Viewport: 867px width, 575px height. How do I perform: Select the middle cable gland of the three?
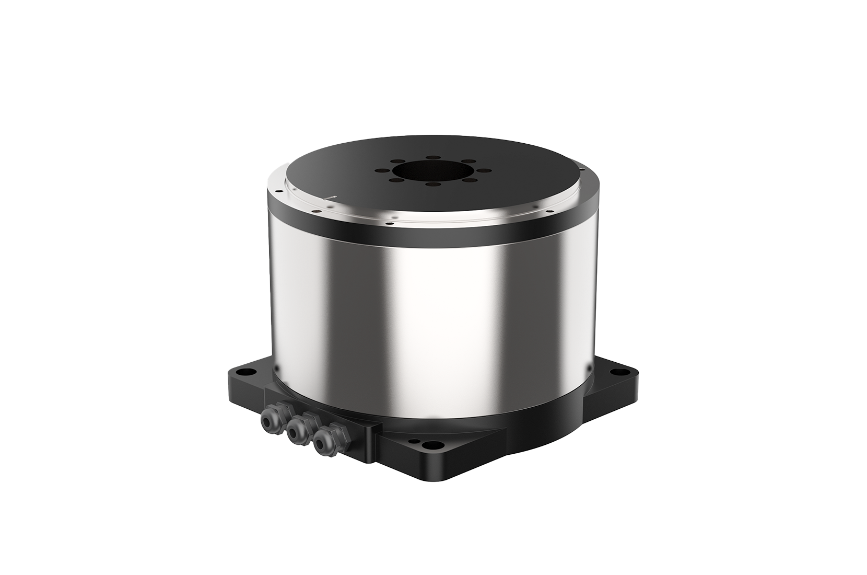(295, 428)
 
